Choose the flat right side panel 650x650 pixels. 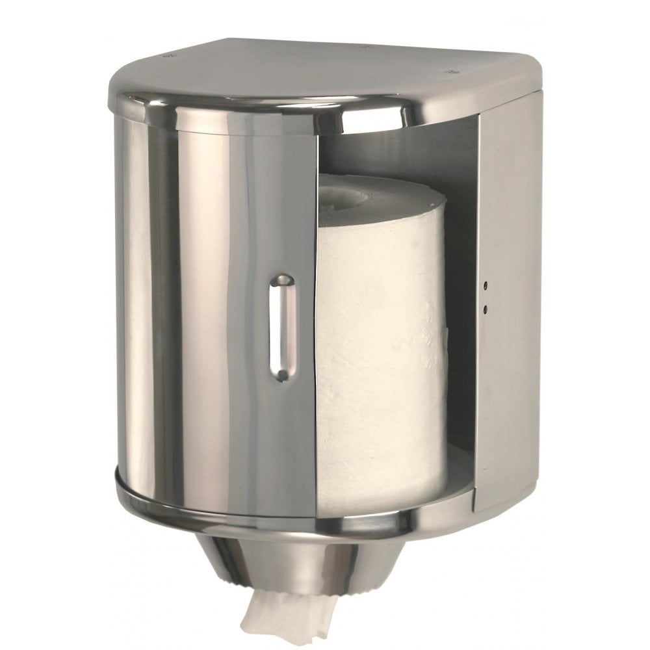coord(510,292)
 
